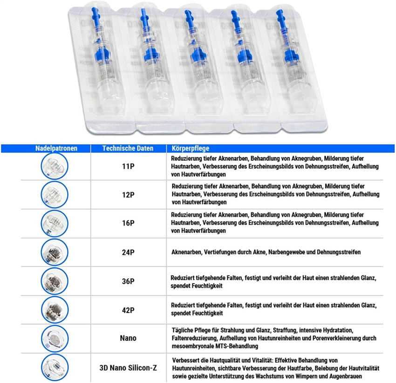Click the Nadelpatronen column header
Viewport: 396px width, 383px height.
coord(56,149)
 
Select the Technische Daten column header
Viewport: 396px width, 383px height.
coord(128,149)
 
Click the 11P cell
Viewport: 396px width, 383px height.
coord(128,166)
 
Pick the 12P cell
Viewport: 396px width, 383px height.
coord(128,194)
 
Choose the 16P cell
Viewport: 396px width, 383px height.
coord(128,223)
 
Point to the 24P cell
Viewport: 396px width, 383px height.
coord(128,252)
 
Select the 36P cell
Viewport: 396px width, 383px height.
coord(128,281)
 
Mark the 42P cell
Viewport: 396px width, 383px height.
coord(128,309)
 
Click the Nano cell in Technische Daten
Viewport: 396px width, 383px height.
coord(128,338)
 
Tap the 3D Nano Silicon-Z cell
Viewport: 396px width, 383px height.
coord(128,368)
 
